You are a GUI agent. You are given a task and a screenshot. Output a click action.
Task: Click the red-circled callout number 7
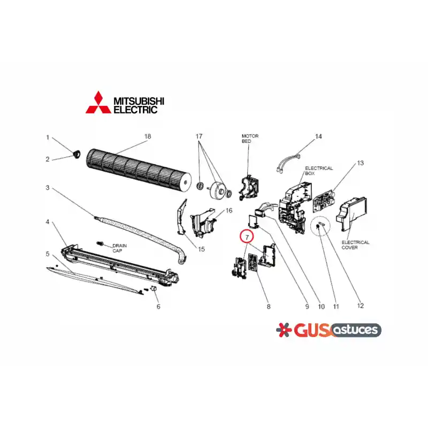point(247,238)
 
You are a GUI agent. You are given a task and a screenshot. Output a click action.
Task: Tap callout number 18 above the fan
point(148,136)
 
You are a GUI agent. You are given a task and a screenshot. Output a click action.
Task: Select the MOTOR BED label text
point(250,139)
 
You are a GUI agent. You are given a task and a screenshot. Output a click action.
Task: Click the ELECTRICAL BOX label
point(319,171)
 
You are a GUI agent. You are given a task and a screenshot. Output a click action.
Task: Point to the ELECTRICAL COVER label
point(355,245)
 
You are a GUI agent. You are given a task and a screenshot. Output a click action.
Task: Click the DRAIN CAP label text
point(119,248)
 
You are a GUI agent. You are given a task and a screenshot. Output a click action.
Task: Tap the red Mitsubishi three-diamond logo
point(98,103)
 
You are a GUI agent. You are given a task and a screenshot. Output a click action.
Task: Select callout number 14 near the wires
point(318,136)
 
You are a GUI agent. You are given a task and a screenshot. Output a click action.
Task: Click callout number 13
point(360,163)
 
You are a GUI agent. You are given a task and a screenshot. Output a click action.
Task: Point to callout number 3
point(48,188)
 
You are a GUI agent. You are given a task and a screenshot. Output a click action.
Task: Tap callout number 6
point(158,307)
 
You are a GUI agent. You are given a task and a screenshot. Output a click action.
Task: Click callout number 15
point(201,249)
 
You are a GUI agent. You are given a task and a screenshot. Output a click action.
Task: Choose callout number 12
point(360,305)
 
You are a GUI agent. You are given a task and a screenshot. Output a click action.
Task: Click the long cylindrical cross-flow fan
point(139,169)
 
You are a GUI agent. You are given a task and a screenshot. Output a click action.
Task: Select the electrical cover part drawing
point(351,215)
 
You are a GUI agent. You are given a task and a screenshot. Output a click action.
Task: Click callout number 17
point(199,136)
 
